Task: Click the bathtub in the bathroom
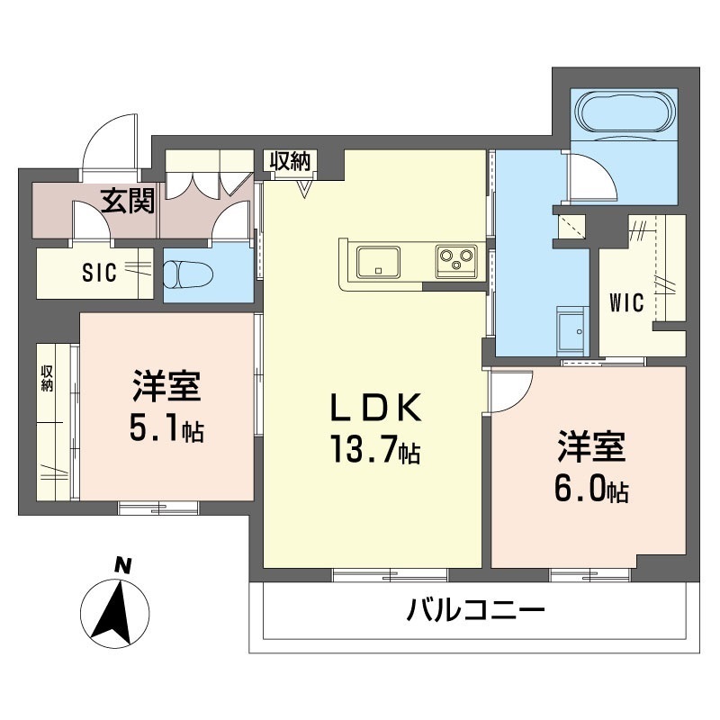click(626, 112)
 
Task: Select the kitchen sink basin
click(379, 262)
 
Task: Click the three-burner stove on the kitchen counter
click(454, 261)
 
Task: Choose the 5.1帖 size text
click(166, 429)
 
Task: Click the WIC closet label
click(627, 303)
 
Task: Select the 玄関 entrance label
click(126, 200)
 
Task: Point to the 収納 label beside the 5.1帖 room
click(47, 378)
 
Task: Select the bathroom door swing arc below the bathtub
click(594, 175)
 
